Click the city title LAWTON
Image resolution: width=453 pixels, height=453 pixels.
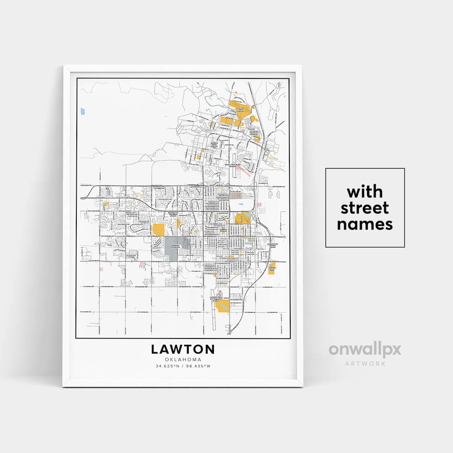click(x=183, y=349)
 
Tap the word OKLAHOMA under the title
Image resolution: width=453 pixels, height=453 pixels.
click(x=183, y=360)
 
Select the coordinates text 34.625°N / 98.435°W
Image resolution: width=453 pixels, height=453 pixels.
click(x=183, y=366)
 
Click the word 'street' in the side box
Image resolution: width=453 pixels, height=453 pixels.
click(x=364, y=208)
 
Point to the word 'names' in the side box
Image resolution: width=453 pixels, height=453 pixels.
click(x=364, y=224)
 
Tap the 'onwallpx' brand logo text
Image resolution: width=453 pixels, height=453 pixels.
click(x=364, y=350)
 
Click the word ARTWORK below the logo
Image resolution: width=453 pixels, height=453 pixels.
click(x=365, y=363)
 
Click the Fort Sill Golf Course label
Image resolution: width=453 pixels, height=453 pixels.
click(x=241, y=109)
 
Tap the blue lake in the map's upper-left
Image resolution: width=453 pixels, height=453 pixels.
click(x=83, y=112)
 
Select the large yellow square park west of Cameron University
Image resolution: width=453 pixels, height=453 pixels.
click(x=159, y=230)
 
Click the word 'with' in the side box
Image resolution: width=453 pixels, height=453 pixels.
click(x=364, y=192)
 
